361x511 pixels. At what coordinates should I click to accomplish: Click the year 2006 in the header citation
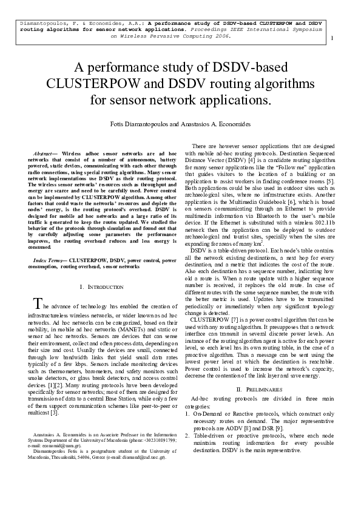[x=222, y=35]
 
